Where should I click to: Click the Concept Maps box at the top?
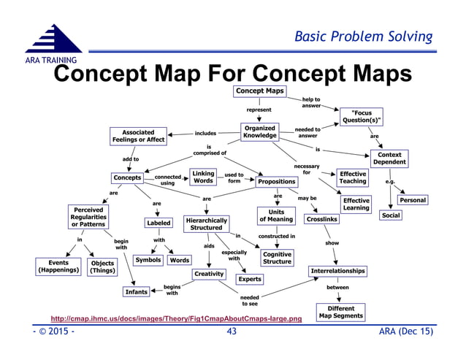tap(259, 91)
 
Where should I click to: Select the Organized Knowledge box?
tap(259, 131)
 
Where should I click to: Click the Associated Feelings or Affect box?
tap(137, 136)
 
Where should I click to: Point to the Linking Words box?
tap(203, 177)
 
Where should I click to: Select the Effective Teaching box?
tap(353, 178)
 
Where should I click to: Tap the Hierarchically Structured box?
tap(206, 223)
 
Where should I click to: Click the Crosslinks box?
tap(321, 219)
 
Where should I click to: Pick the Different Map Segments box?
tap(340, 312)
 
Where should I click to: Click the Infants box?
tap(137, 293)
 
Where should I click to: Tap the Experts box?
tap(249, 279)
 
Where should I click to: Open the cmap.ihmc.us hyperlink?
tap(175, 319)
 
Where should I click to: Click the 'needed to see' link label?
tap(250, 301)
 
